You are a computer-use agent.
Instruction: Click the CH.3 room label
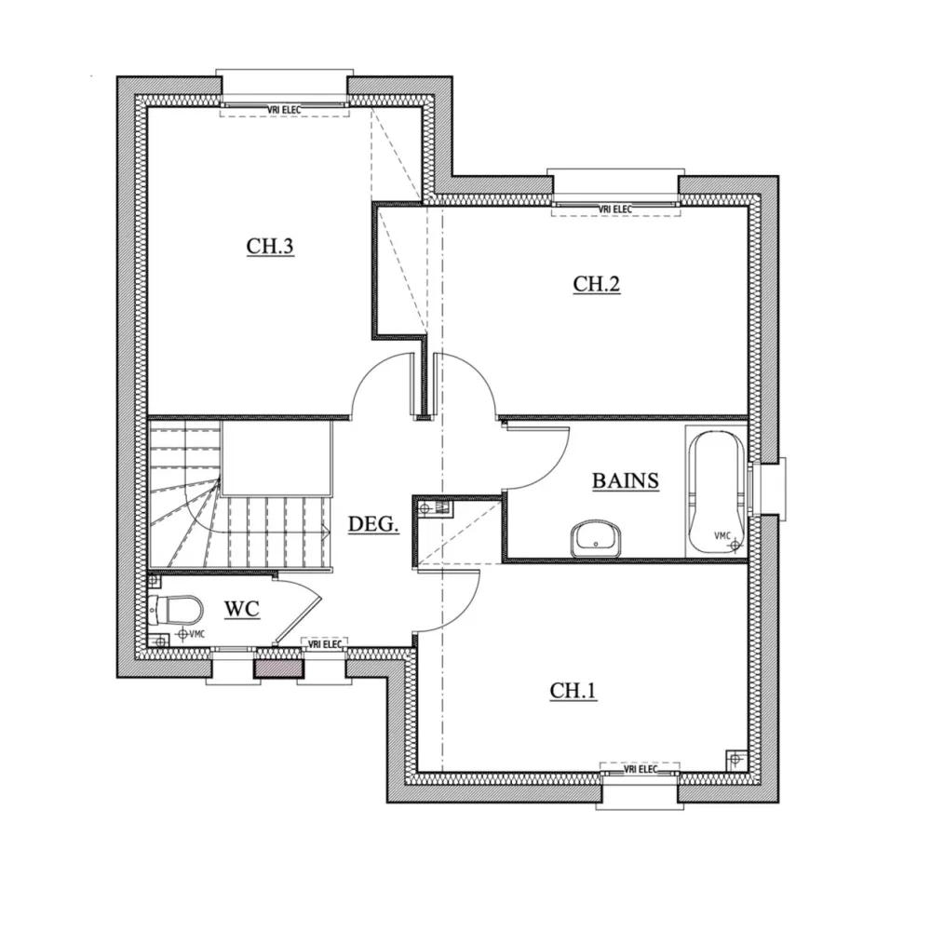click(270, 247)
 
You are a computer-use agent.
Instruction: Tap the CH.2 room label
click(596, 285)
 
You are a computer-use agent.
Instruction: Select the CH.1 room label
click(573, 690)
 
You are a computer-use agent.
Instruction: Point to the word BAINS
click(626, 480)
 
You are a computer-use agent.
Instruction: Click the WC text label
click(241, 610)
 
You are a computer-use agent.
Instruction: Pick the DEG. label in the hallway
click(373, 524)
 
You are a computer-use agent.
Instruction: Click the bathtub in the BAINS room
click(715, 491)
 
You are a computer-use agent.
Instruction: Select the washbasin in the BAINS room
click(595, 538)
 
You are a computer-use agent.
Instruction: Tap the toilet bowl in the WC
click(179, 610)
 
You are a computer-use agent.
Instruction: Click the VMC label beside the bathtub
click(722, 535)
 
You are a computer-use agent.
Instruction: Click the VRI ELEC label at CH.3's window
click(284, 110)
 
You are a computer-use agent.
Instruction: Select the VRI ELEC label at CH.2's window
click(615, 209)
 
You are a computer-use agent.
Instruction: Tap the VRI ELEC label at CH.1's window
click(641, 769)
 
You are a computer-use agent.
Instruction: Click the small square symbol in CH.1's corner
click(735, 758)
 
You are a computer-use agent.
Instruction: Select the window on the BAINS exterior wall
click(772, 484)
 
